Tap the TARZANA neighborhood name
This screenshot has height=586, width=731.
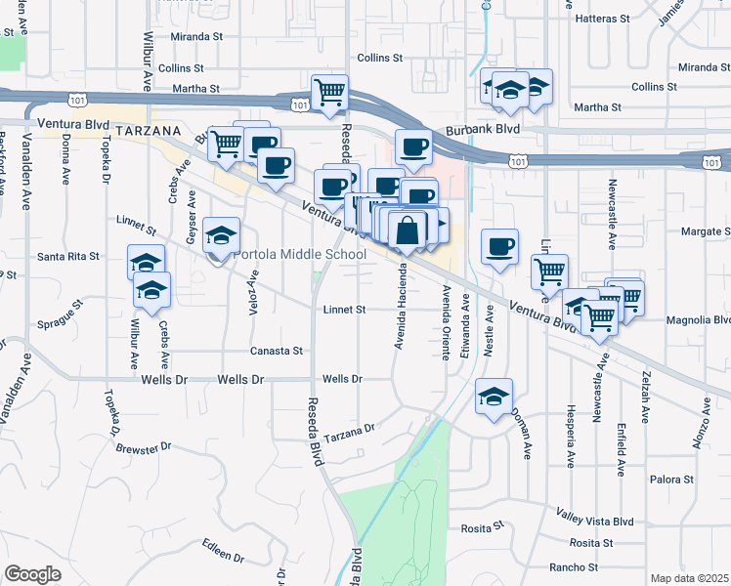click(149, 130)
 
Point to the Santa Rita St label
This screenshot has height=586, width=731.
click(68, 257)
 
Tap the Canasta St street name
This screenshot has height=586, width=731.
click(278, 350)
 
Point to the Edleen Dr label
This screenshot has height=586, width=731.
click(224, 549)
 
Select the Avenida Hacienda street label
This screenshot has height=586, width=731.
click(400, 307)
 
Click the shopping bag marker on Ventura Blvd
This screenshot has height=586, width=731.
click(408, 231)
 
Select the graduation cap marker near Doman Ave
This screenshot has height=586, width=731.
click(494, 396)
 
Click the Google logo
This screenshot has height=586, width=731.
click(32, 574)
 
